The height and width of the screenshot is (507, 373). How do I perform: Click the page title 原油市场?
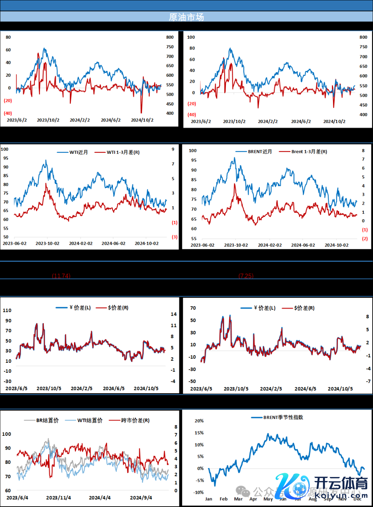(186, 17)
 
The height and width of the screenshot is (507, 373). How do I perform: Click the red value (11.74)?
(61, 276)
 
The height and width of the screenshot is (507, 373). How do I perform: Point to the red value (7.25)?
(246, 276)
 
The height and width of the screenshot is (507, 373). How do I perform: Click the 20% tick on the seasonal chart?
(199, 421)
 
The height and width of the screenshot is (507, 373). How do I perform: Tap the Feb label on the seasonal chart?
(223, 499)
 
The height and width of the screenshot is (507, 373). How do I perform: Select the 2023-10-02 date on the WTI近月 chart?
(47, 243)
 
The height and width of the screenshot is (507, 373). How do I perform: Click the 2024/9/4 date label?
(141, 498)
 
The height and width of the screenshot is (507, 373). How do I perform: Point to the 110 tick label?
(7, 310)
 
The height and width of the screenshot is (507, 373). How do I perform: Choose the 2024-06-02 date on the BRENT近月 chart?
(303, 245)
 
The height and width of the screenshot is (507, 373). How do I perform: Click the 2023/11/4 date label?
(58, 498)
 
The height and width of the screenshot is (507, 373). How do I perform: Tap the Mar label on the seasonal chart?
(238, 499)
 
